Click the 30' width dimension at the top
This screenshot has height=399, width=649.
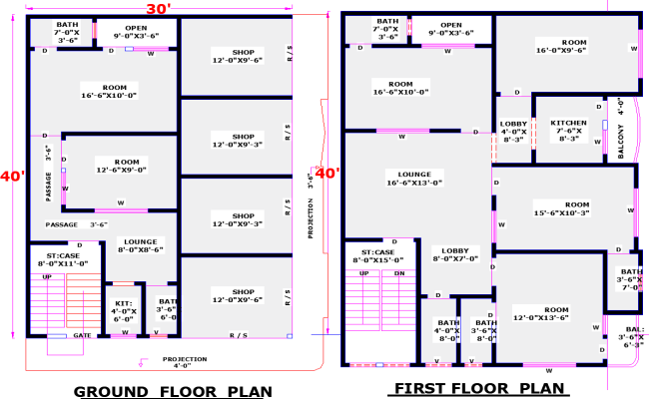click(158, 8)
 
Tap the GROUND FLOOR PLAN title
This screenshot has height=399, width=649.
click(174, 390)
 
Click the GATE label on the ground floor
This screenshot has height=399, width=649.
click(83, 336)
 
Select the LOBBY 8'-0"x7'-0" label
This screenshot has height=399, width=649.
click(456, 254)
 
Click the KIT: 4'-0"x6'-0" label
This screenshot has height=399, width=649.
click(123, 311)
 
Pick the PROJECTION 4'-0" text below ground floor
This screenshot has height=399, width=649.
click(185, 362)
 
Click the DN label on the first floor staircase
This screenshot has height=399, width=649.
click(398, 272)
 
